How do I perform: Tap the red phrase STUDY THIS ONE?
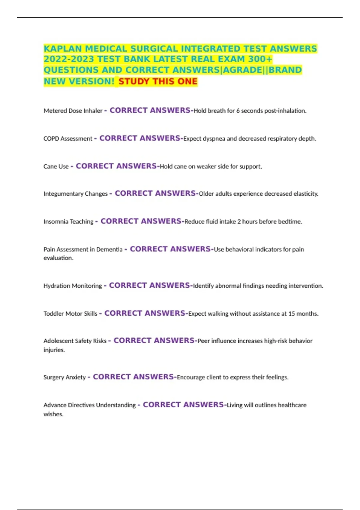coord(158,81)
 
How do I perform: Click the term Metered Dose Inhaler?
coord(73,111)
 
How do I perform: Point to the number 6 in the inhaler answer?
coord(238,111)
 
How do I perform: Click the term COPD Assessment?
coord(68,139)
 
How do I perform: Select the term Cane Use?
coord(56,166)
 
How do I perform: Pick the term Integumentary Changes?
coord(75,194)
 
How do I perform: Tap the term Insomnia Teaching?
coord(68,222)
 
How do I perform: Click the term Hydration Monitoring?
coord(73,286)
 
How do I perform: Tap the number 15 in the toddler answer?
coord(292,314)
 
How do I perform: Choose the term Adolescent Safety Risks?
coord(75,341)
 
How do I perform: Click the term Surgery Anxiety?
coord(64,377)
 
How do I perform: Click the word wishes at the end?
coord(53,414)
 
